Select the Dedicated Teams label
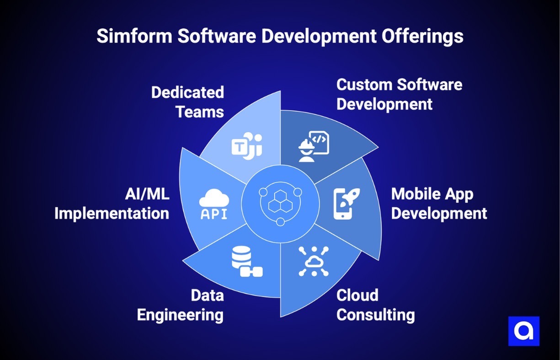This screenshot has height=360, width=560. [x=187, y=102]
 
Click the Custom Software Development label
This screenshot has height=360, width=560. [x=399, y=94]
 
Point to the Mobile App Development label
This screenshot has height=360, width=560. [x=439, y=204]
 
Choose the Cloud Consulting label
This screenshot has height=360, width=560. [x=375, y=305]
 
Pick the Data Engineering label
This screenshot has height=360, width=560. [x=181, y=305]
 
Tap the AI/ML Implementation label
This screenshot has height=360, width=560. [x=112, y=204]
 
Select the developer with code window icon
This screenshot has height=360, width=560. [x=314, y=146]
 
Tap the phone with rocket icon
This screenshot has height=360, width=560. [x=346, y=203]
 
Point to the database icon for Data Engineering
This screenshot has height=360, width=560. [x=246, y=261]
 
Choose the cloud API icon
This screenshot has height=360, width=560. [x=214, y=204]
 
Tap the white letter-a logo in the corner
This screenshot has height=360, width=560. [x=524, y=331]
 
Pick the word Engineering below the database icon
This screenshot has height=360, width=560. [x=181, y=315]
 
